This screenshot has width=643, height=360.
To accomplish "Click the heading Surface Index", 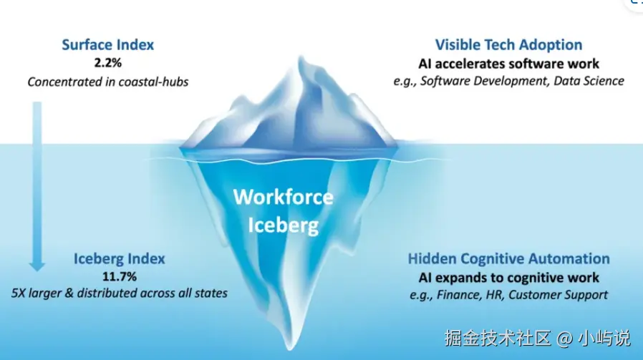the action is [108, 44].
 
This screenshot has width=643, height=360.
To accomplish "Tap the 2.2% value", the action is [108, 63].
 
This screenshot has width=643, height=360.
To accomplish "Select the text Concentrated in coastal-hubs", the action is [108, 82].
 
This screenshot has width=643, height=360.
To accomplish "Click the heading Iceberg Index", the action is [120, 258].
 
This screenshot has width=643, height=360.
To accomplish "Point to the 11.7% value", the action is [120, 277].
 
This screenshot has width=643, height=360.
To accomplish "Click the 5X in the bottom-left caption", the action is [18, 293].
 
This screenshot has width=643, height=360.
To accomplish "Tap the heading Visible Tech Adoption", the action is [508, 44].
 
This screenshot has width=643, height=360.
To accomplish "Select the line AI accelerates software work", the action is [508, 64].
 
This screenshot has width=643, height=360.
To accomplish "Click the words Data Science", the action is [589, 81].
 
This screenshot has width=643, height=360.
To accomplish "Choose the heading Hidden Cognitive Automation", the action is [508, 258].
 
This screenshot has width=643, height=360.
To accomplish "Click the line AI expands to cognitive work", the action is [508, 278].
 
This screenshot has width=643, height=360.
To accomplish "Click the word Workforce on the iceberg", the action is [284, 197].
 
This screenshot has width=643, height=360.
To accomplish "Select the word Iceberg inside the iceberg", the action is [284, 225].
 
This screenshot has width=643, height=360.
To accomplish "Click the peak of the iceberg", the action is [301, 57].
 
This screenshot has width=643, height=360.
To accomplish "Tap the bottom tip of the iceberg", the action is [290, 349].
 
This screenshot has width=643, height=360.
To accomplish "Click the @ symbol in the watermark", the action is [565, 339].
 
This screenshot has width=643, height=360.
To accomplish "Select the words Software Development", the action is [484, 81].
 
